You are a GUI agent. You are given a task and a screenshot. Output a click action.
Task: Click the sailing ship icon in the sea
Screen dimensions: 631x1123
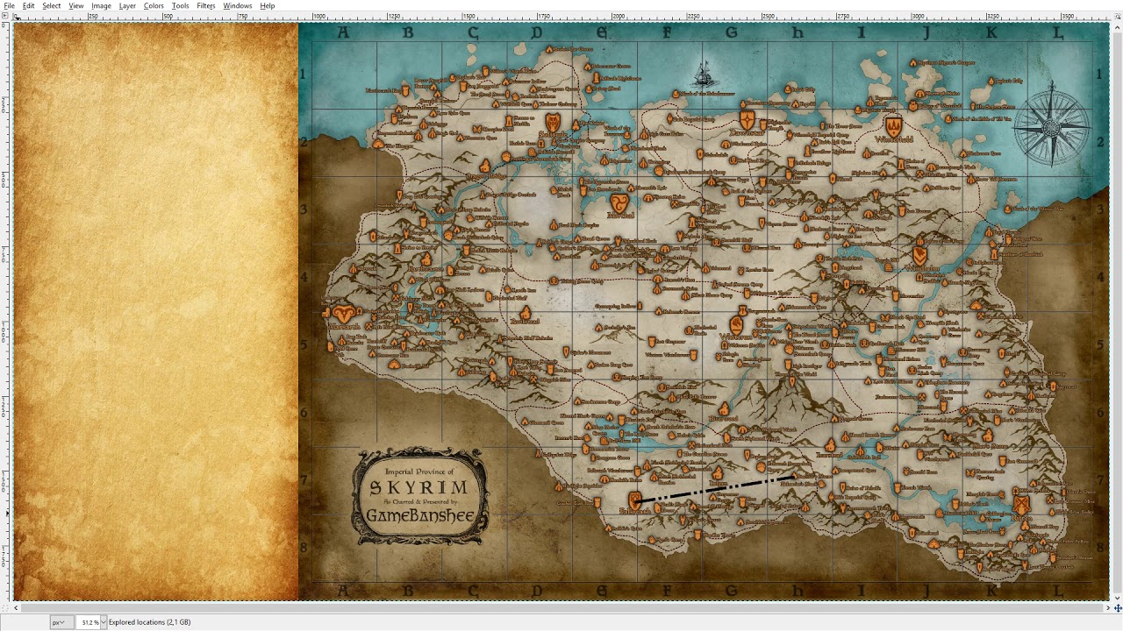tap(704, 73)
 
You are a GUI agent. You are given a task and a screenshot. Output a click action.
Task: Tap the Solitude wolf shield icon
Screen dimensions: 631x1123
tap(552, 122)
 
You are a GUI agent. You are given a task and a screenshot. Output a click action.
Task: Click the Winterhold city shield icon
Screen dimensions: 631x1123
tap(893, 126)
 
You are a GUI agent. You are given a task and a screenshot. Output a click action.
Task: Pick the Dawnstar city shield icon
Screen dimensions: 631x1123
tap(747, 119)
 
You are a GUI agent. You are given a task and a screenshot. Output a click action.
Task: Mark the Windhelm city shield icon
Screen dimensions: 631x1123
tap(919, 254)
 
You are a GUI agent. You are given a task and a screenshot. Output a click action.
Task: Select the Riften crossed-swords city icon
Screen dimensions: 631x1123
tap(1020, 505)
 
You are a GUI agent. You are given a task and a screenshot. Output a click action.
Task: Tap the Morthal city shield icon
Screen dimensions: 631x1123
tap(619, 203)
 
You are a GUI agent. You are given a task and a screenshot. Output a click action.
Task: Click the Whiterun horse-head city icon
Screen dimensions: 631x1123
tap(736, 325)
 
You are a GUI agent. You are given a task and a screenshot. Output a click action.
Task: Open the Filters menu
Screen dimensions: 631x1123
tap(206, 5)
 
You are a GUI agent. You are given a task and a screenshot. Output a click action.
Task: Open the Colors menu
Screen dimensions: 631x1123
tap(154, 5)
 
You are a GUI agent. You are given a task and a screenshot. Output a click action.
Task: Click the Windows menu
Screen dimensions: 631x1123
tap(237, 5)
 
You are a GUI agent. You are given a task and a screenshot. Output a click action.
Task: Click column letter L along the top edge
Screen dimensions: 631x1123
tap(1057, 33)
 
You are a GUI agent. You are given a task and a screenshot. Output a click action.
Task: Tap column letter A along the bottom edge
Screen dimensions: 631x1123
tap(343, 592)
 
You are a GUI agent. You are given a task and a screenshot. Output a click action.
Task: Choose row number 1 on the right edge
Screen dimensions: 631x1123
tap(1099, 74)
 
